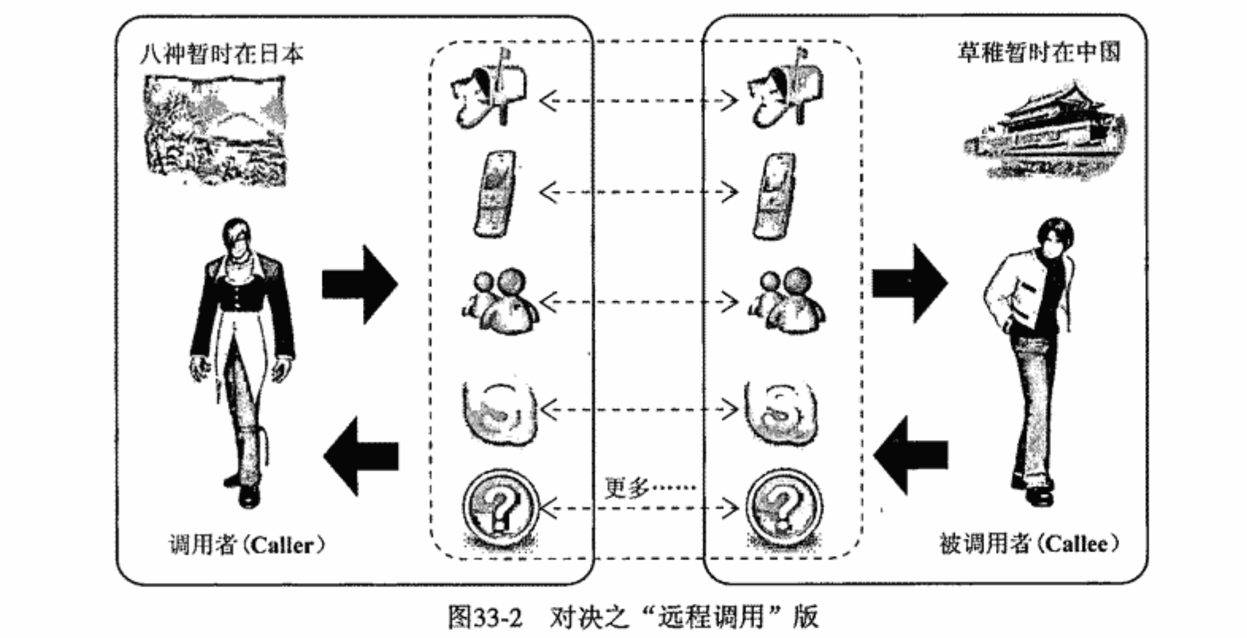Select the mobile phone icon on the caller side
click(495, 193)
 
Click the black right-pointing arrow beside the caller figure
click(360, 285)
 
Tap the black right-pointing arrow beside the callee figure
click(910, 283)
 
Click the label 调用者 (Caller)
click(246, 545)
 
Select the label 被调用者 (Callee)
click(1029, 544)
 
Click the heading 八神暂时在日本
click(221, 54)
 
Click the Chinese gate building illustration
click(1044, 132)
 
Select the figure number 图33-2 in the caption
click(485, 617)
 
